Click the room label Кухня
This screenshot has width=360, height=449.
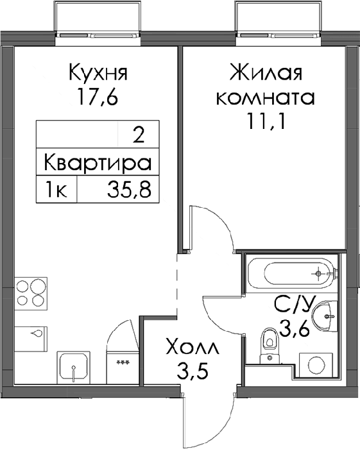pos(98,72)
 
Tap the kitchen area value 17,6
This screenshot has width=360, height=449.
pos(98,97)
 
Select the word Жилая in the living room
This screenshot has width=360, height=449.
pos(265,72)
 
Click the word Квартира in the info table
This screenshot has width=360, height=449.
pos(98,164)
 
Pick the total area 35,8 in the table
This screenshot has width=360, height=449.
pos(129,189)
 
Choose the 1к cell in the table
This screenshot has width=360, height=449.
pos(56,189)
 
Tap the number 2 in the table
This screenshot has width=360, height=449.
pos(139,136)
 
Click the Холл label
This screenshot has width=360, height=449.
pos(193,348)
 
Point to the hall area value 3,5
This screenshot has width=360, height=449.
pos(192,371)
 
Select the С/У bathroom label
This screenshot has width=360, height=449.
pos(295,305)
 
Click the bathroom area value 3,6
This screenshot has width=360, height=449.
pos(295,329)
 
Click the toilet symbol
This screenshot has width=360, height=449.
pos(270,346)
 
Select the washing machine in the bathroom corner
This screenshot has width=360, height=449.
pos(316,364)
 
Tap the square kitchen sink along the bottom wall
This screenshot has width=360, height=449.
pos(74,368)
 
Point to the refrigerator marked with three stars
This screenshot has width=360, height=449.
pos(123,368)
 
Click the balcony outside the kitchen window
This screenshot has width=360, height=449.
pos(98,18)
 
